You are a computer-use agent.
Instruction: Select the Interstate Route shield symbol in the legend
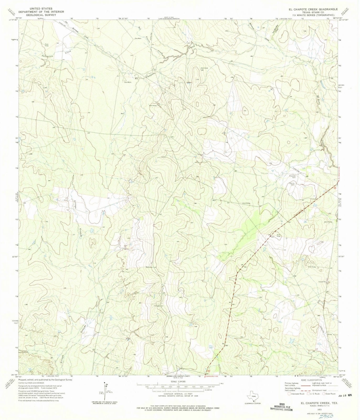pyautogui.click(x=289, y=394)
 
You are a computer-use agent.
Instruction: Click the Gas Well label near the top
pyautogui.click(x=138, y=38)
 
